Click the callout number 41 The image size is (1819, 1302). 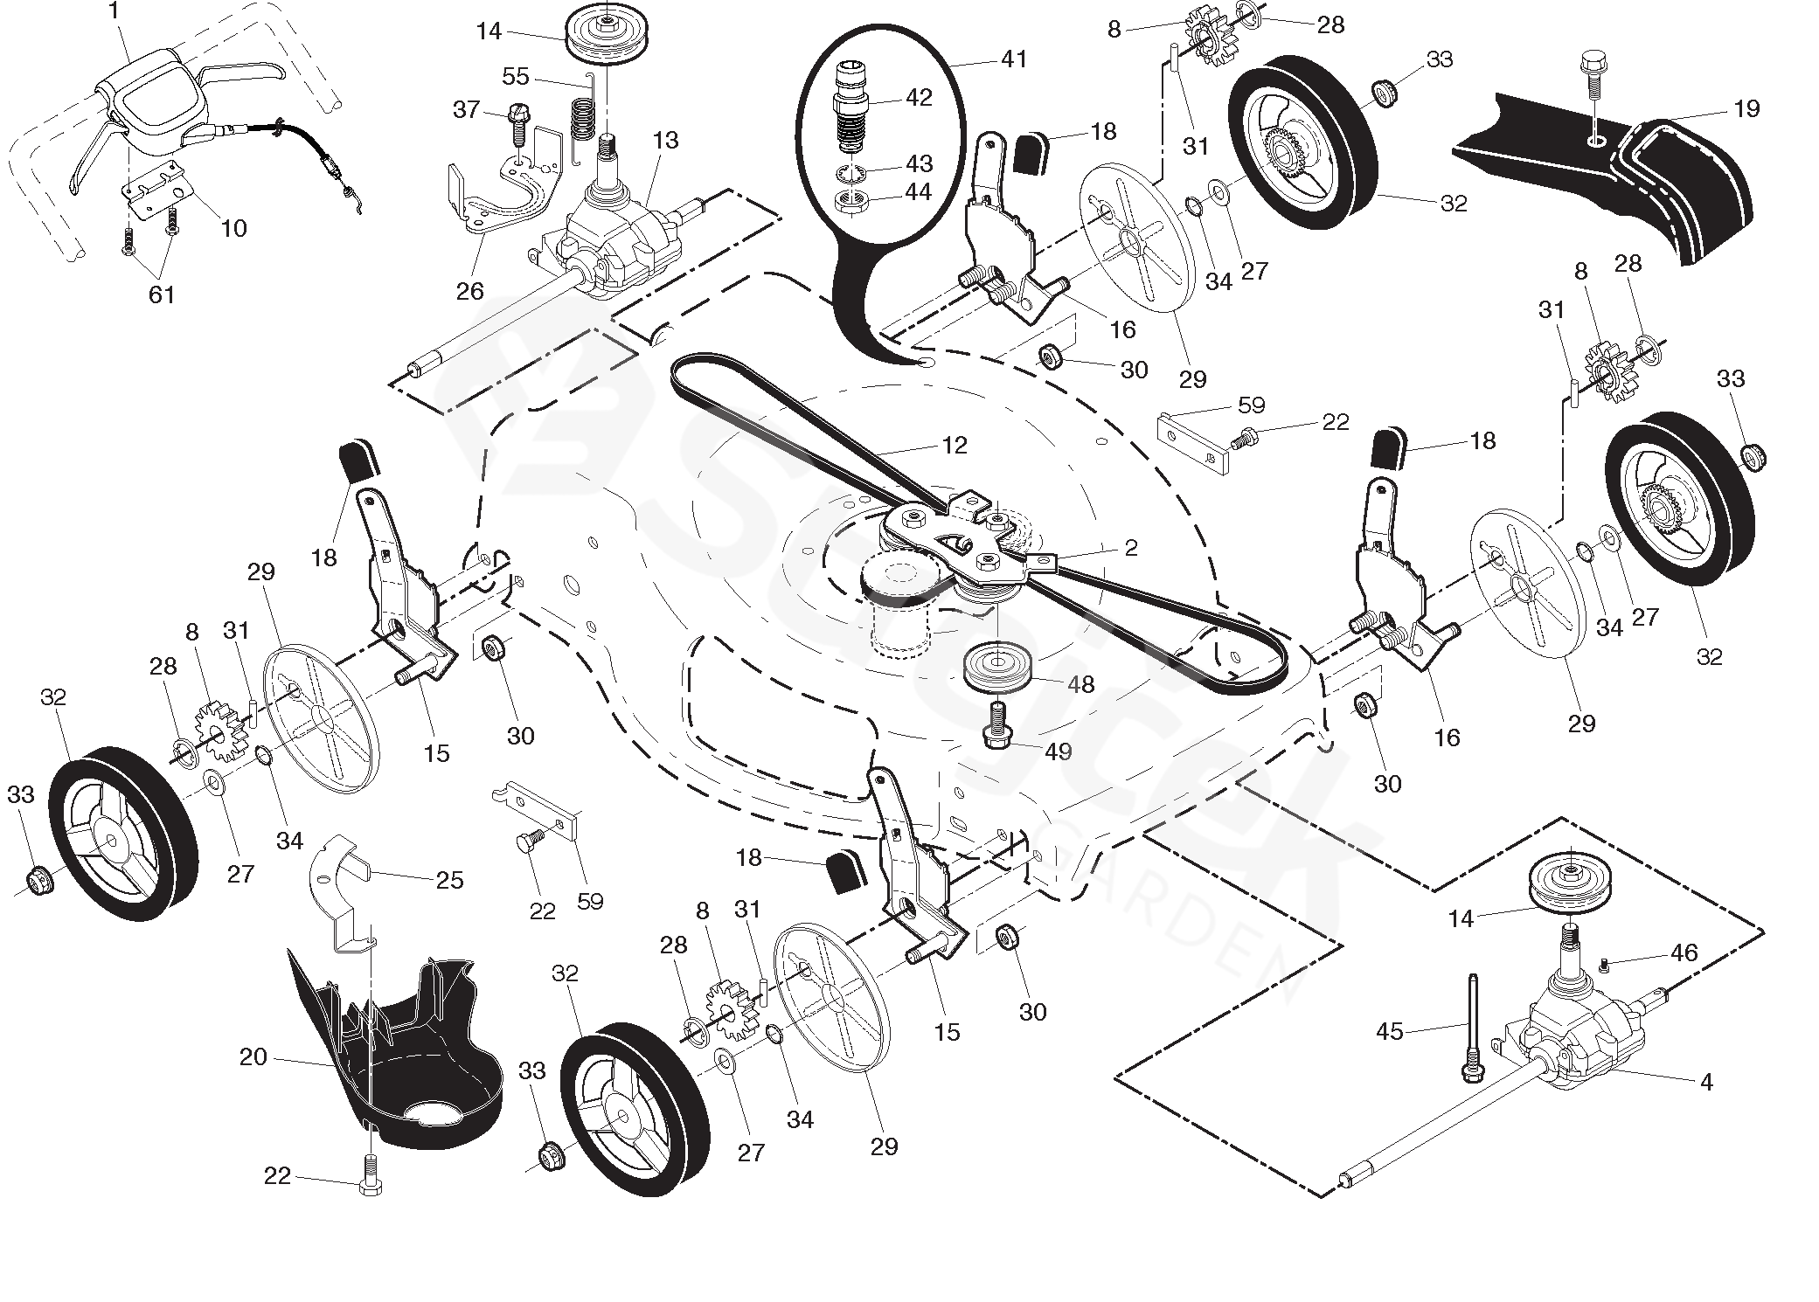(x=1014, y=59)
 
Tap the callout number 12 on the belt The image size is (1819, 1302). (x=955, y=446)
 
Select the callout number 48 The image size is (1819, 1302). (x=1081, y=684)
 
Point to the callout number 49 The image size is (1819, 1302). (x=1059, y=751)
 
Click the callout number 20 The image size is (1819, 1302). (x=253, y=1057)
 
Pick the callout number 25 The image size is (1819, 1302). (x=449, y=880)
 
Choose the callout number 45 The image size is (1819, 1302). (x=1390, y=1032)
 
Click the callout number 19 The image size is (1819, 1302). (x=1746, y=109)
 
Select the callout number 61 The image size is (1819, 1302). (x=162, y=295)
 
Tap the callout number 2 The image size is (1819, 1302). (x=1131, y=548)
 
